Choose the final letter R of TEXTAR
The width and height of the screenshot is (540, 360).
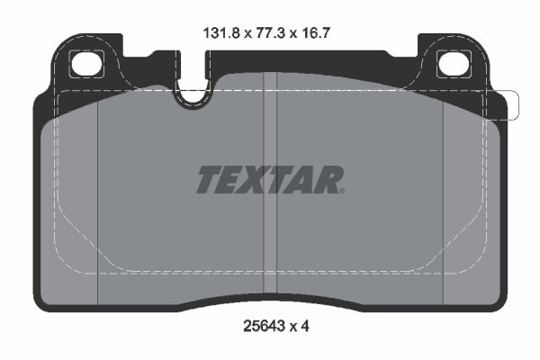329,179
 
